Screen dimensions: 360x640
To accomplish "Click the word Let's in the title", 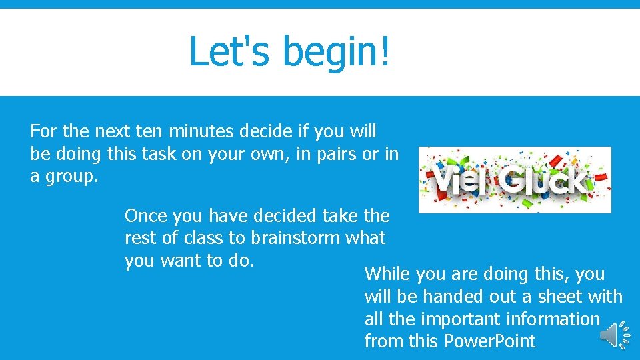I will pos(227,51).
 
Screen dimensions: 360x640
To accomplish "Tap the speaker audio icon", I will pos(615,335).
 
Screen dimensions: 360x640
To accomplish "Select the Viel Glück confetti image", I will pos(514,179).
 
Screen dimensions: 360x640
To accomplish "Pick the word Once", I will pos(146,216).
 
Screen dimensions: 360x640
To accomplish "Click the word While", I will pos(388,274).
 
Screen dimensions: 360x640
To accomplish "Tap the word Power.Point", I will pos(489,341).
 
